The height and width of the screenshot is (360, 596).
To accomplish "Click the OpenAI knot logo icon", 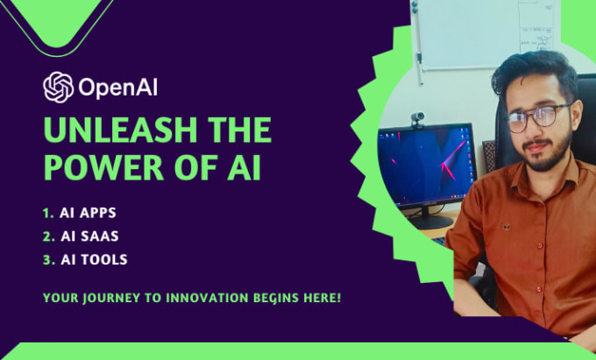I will pos(58,87).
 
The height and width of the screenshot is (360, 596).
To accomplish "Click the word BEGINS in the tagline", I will pos(278,299).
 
